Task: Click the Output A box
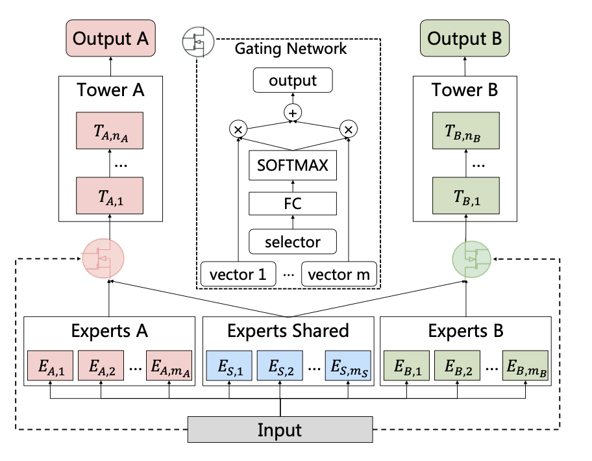110,38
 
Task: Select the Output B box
464,38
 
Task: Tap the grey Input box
280,430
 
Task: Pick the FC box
293,205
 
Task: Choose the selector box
293,242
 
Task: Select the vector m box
339,274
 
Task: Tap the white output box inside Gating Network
293,81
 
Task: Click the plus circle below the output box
293,112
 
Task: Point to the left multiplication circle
238,129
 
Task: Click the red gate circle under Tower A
102,259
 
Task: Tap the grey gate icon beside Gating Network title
198,42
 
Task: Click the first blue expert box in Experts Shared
229,367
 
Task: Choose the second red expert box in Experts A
101,367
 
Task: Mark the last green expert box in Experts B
526,367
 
